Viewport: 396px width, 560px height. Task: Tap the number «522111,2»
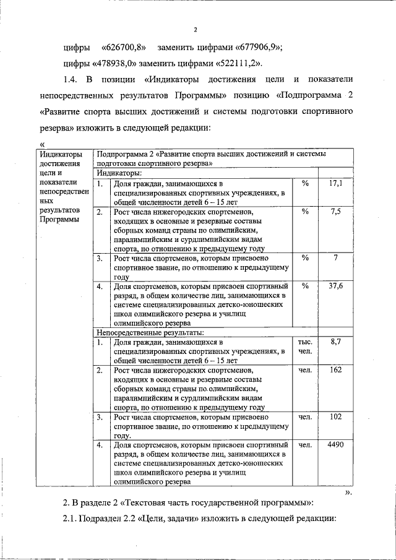(239, 64)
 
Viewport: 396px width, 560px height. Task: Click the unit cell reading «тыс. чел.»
(305, 347)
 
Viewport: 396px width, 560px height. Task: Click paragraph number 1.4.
(72, 80)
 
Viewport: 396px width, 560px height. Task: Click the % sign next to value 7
(305, 258)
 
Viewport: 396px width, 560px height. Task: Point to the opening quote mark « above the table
(41, 145)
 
